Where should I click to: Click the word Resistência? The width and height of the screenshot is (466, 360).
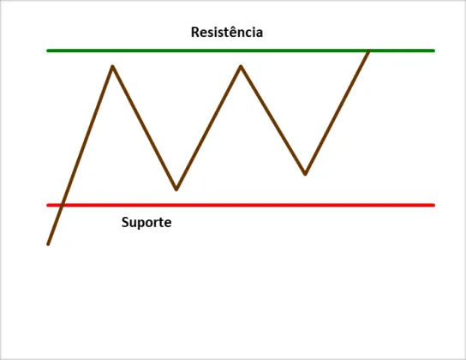(x=227, y=32)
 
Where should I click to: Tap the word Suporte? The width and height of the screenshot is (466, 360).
(x=146, y=222)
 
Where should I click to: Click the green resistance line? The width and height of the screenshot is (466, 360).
(x=241, y=51)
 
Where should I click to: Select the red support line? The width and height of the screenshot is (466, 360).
(x=241, y=205)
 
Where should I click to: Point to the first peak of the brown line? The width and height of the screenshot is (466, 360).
(x=112, y=66)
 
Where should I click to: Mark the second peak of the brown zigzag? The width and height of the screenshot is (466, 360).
(x=241, y=66)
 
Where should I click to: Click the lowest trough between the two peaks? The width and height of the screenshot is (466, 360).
(x=176, y=189)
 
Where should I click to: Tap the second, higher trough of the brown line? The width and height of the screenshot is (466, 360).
(x=305, y=174)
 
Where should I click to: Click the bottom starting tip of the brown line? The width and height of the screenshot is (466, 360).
(x=48, y=244)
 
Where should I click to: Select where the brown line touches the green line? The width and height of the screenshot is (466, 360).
(x=369, y=51)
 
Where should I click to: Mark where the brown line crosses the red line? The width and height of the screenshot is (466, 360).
(x=62, y=205)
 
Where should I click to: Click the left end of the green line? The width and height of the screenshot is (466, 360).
(x=48, y=51)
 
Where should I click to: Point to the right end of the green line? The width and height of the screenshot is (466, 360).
(x=434, y=51)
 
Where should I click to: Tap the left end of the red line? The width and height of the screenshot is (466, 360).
(x=48, y=205)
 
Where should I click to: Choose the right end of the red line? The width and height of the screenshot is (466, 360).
(x=434, y=205)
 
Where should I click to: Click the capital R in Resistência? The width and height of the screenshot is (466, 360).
(x=194, y=33)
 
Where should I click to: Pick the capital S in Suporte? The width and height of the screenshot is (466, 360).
(x=125, y=222)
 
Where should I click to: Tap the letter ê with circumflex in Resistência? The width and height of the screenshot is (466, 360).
(x=233, y=33)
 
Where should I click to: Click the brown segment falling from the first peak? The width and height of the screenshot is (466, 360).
(x=145, y=128)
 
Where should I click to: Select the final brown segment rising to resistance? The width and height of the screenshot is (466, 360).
(x=338, y=112)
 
